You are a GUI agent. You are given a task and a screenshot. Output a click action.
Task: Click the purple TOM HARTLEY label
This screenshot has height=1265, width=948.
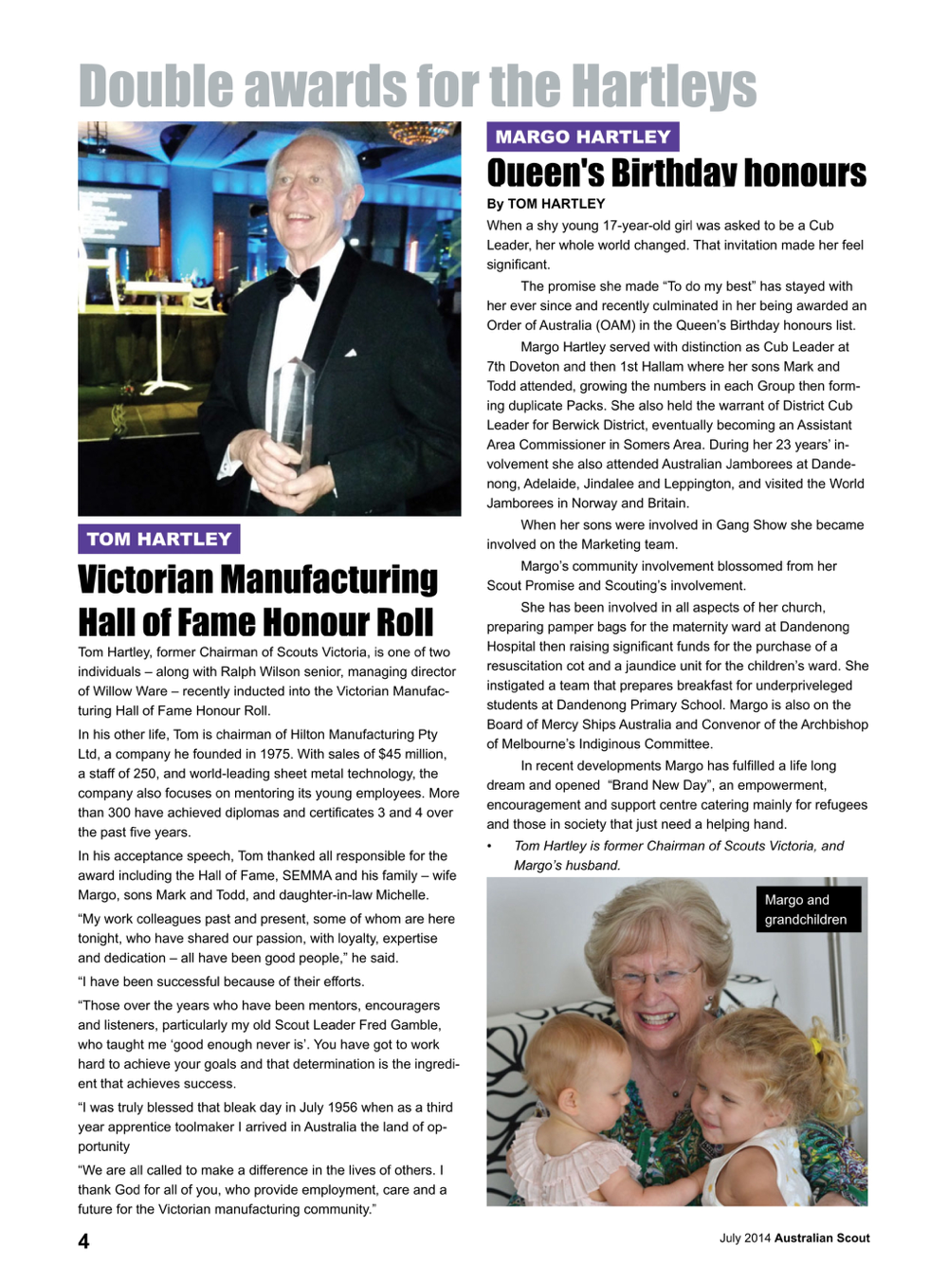159,539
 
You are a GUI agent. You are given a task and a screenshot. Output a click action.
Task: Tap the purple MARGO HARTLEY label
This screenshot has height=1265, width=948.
582,137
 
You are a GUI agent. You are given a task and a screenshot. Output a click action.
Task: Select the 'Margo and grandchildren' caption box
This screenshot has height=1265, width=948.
807,909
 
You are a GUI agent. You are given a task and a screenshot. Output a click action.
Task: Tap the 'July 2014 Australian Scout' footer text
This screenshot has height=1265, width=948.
793,1237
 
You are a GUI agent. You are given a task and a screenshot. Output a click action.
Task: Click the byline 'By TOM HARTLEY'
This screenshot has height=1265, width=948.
545,204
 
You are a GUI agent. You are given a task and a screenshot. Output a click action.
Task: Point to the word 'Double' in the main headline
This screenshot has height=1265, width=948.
155,86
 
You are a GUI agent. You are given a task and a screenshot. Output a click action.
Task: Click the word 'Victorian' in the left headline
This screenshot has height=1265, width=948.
147,578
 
